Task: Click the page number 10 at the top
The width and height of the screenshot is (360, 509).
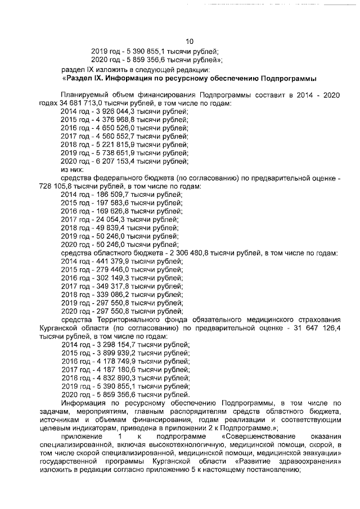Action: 190,40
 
